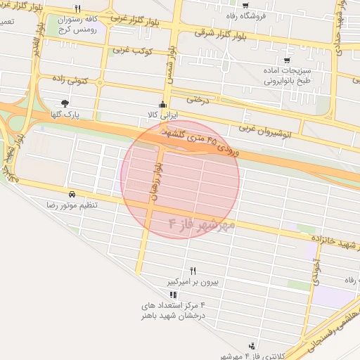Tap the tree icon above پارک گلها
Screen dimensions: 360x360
(x=66, y=103)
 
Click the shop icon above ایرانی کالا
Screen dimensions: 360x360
(x=163, y=104)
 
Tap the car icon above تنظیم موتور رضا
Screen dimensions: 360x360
(x=72, y=193)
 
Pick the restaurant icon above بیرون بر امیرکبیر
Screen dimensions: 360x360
(x=193, y=271)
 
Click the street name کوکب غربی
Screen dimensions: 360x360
(x=133, y=51)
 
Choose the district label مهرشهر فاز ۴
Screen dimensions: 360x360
(x=201, y=224)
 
